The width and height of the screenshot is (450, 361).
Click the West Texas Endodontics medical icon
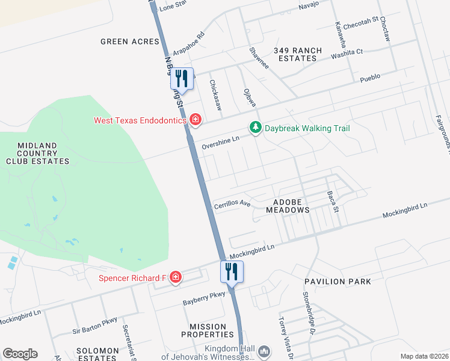(194, 120)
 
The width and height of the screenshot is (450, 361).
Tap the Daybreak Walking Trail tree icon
(256, 128)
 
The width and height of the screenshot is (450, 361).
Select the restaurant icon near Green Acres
(182, 78)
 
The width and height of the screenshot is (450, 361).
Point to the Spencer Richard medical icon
(175, 277)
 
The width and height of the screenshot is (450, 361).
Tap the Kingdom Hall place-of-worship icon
(264, 350)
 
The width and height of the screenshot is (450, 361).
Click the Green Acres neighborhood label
(130, 42)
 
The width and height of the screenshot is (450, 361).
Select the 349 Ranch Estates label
(298, 55)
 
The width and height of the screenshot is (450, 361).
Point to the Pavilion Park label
(337, 282)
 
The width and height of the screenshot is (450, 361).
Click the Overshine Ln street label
(221, 140)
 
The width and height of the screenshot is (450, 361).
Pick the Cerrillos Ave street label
(232, 205)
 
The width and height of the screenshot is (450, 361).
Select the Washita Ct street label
(347, 54)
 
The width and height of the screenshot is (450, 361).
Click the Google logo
(20, 354)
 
